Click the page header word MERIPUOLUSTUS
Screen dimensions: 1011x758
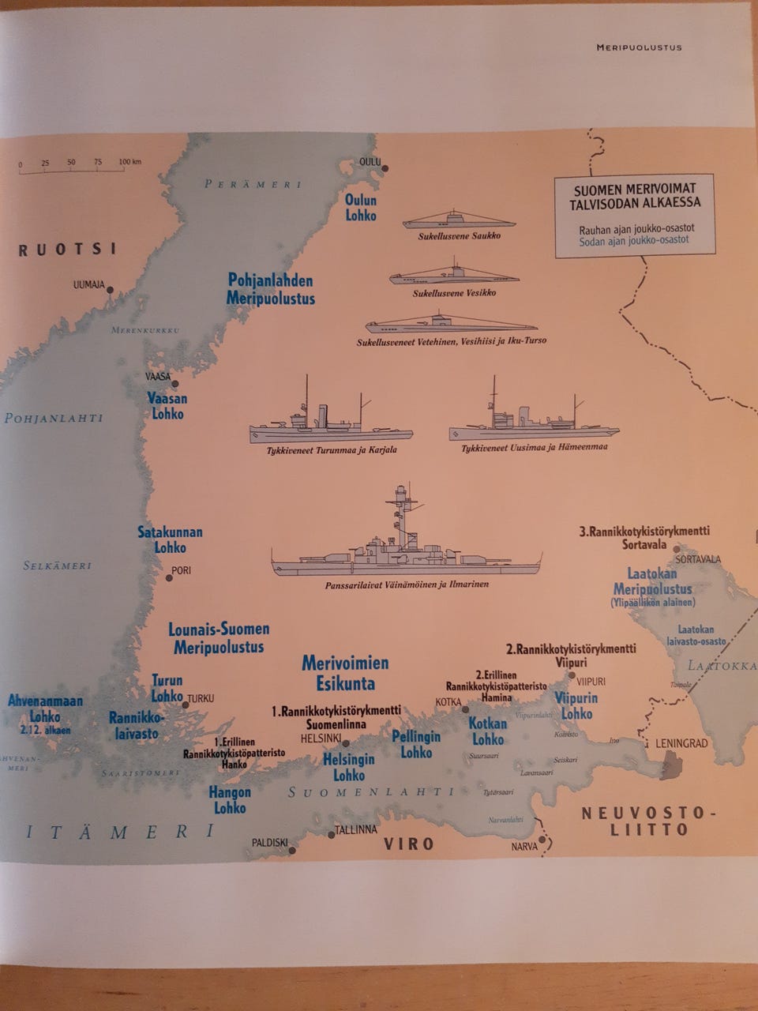[639, 47]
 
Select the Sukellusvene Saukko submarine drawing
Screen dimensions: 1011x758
[458, 220]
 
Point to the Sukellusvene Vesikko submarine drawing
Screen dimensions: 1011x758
[453, 278]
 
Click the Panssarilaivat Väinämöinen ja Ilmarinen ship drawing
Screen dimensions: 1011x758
[406, 553]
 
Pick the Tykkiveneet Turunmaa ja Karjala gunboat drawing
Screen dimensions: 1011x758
[331, 423]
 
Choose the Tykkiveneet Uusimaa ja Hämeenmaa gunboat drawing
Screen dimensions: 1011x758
[534, 423]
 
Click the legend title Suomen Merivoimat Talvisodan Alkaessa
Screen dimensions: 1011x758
[635, 195]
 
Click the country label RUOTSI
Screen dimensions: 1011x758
[68, 250]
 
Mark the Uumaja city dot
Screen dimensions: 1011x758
[111, 290]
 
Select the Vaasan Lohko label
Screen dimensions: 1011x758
[167, 406]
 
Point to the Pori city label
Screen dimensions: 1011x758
[182, 570]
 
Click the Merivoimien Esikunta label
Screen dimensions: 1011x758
[345, 673]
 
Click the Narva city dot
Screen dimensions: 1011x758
[542, 841]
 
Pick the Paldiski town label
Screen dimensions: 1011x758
[269, 843]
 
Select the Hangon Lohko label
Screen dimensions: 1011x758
[230, 800]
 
